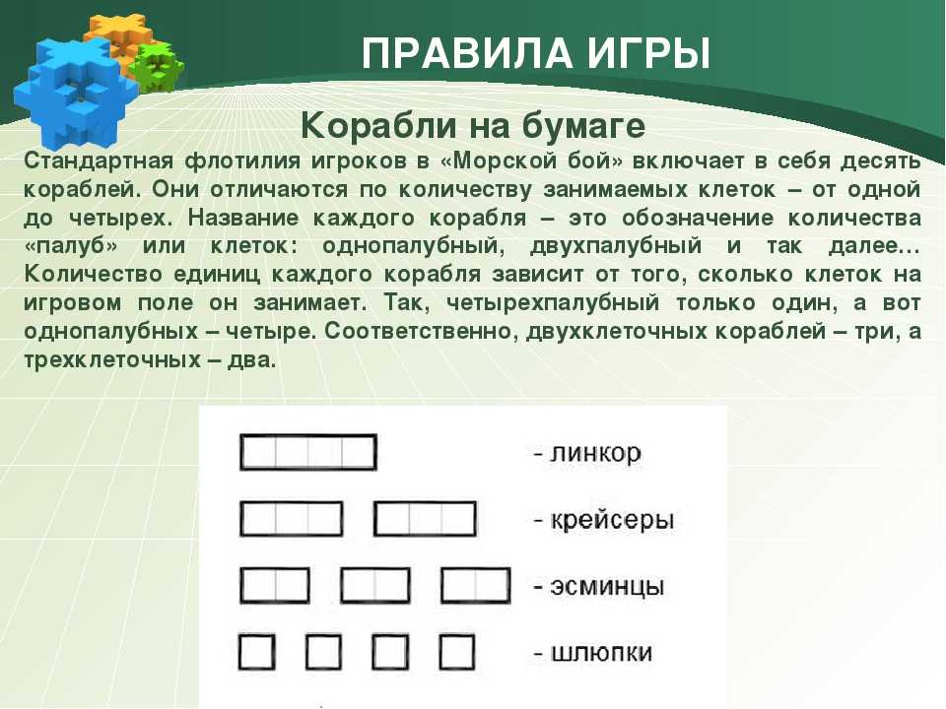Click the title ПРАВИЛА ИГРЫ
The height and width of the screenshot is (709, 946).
(x=536, y=53)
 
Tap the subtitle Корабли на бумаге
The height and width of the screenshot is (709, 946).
(x=473, y=125)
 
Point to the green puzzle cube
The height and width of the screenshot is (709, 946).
(x=158, y=65)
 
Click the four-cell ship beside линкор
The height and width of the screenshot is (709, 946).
(x=308, y=452)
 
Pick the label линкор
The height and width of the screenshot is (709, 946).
(x=587, y=453)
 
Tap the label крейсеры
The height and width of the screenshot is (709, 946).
(x=604, y=520)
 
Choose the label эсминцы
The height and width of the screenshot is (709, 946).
(x=599, y=587)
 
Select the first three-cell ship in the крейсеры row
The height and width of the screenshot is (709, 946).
(x=292, y=519)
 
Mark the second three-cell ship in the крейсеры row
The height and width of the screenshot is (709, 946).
(x=425, y=519)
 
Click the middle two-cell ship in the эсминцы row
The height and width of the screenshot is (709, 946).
(x=375, y=585)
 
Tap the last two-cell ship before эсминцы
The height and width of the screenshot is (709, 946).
(x=476, y=585)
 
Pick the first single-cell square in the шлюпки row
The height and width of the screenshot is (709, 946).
(x=257, y=652)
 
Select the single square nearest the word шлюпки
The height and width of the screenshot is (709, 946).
(x=456, y=652)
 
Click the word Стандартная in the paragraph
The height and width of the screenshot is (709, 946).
(x=99, y=162)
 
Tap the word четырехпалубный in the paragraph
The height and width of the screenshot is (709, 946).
(x=553, y=303)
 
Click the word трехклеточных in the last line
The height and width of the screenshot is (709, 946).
(x=112, y=360)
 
